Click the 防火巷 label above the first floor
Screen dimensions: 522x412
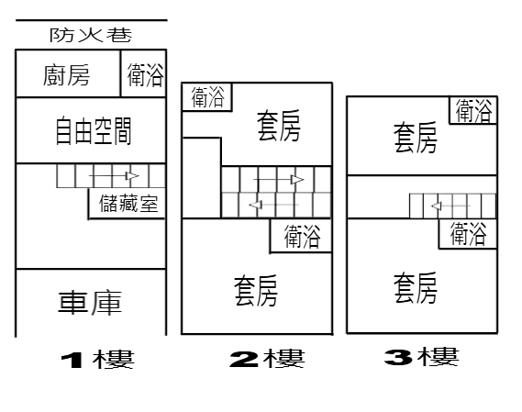click(x=91, y=35)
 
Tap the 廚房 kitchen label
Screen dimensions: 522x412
click(x=67, y=75)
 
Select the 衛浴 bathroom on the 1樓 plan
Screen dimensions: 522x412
click(x=145, y=75)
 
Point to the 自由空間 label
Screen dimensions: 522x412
click(x=94, y=130)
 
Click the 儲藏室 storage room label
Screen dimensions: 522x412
click(x=128, y=203)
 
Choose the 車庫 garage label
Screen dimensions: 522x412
click(x=90, y=303)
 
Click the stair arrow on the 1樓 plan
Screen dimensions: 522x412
click(x=114, y=175)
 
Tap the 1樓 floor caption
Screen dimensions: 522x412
click(x=97, y=360)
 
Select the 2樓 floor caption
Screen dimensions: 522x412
click(x=267, y=358)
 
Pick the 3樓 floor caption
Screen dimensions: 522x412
click(x=422, y=356)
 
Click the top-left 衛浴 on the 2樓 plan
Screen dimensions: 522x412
click(x=207, y=97)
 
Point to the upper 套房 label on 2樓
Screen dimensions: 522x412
click(x=279, y=126)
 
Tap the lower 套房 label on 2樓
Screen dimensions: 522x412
click(x=256, y=290)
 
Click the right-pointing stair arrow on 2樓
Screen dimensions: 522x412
click(x=279, y=180)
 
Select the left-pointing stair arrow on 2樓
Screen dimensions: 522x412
click(x=274, y=205)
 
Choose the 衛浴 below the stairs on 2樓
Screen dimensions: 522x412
click(x=302, y=236)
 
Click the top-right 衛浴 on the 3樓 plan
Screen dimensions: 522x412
click(x=473, y=110)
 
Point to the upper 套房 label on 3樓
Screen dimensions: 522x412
click(x=416, y=138)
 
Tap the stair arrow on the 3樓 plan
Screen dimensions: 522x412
click(x=450, y=206)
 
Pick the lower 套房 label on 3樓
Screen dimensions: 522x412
click(x=416, y=288)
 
